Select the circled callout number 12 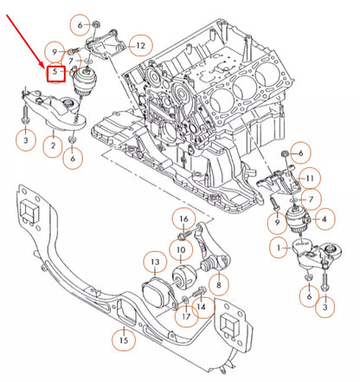[x=140, y=44]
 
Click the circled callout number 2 [x=53, y=146]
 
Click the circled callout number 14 [x=201, y=306]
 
